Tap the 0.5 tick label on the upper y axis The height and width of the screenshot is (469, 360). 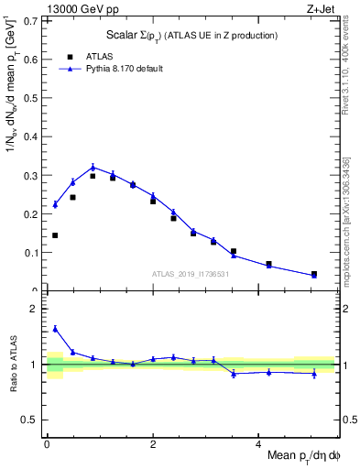pos(32,98)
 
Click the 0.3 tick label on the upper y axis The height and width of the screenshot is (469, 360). pos(32,175)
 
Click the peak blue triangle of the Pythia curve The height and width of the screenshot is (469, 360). pos(93,167)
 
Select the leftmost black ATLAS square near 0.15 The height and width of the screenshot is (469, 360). pos(55,235)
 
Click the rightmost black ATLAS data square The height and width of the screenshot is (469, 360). pos(314,274)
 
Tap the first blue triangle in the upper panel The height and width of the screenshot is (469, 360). pos(55,204)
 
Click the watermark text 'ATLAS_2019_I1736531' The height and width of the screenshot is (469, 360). pos(190,273)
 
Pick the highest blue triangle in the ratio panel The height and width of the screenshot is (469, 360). pos(55,328)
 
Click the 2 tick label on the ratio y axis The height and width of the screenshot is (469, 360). pos(35,309)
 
